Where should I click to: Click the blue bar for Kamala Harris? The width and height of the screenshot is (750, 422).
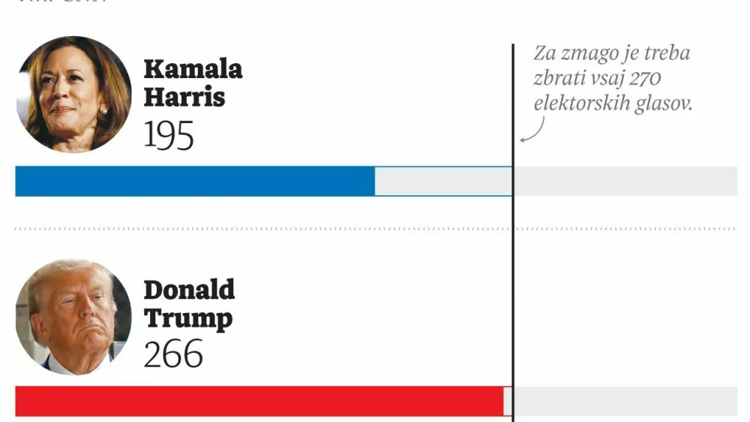pyautogui.click(x=195, y=181)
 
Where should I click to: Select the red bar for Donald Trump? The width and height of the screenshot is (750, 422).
pyautogui.click(x=259, y=401)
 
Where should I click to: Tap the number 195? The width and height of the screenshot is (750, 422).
pyautogui.click(x=169, y=135)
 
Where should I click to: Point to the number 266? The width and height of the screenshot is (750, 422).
pyautogui.click(x=173, y=354)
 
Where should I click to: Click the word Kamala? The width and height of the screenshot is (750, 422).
pyautogui.click(x=193, y=69)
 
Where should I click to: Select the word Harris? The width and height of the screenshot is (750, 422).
pyautogui.click(x=184, y=97)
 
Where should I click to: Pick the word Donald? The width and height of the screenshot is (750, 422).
pyautogui.click(x=189, y=290)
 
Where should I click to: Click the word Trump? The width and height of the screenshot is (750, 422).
pyautogui.click(x=187, y=318)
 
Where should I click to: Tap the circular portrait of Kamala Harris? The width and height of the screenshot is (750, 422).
pyautogui.click(x=73, y=95)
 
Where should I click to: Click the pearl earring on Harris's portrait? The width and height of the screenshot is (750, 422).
pyautogui.click(x=103, y=111)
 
